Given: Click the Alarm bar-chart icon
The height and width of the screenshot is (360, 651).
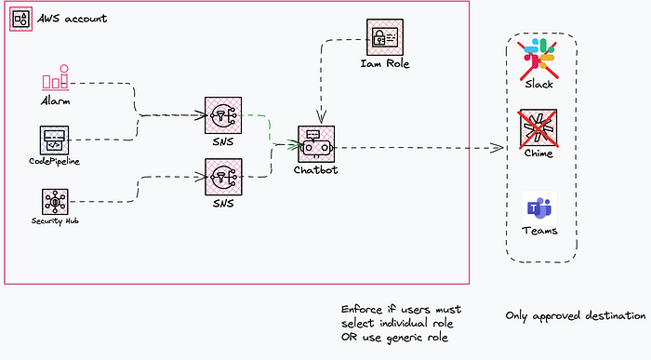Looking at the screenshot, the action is coord(55,77).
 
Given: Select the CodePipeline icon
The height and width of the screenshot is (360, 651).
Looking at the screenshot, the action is coord(54,140).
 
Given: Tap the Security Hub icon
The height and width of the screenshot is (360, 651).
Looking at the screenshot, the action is coord(55,202).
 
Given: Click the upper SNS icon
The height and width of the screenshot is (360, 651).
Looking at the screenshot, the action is coord(223,115).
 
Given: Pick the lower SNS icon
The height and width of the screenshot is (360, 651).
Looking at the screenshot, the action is coord(223,177).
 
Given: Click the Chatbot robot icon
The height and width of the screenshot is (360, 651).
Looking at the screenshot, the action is coord(316,144).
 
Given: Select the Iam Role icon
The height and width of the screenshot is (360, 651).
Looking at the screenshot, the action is coord(385,37).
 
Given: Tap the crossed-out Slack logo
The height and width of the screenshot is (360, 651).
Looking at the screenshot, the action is coord(538,59).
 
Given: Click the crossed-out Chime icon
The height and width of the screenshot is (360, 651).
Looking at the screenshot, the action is coord(538,127).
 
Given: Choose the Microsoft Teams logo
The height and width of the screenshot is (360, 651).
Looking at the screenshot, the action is coord(539,207).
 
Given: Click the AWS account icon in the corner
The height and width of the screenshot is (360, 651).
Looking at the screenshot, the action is coord(20,19).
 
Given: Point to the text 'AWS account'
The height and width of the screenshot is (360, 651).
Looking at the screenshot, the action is coord(73,19).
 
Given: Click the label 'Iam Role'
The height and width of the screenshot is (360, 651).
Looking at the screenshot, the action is coord(385,63).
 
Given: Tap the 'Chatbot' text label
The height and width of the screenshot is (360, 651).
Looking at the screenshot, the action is coord(316,170).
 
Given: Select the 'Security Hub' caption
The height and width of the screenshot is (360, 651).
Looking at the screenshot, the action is coord(55,220).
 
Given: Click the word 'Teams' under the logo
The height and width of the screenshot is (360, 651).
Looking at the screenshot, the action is coord(539,231).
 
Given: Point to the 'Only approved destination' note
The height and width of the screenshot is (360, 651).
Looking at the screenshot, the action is coord(576,316).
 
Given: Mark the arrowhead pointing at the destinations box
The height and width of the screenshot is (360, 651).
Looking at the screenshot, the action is coord(498,148).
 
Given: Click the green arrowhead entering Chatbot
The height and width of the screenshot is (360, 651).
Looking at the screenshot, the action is coord(295,144).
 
